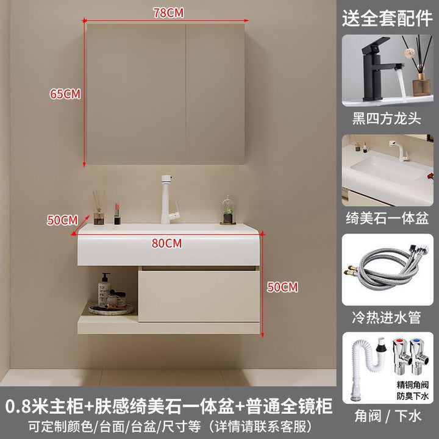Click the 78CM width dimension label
tap(168, 13)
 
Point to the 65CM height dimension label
tap(65, 94)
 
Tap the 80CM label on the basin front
tap(166, 243)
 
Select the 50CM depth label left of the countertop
tap(62, 220)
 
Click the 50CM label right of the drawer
tap(282, 287)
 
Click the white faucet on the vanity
tap(169, 199)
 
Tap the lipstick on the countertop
tap(117, 213)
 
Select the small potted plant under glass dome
tap(228, 210)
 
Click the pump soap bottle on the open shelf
tap(104, 290)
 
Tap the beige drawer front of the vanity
tap(199, 296)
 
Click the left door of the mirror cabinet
tap(136, 94)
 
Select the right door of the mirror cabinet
tap(215, 94)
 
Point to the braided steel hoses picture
tap(388, 269)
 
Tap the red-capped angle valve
tap(401, 357)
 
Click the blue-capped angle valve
tap(419, 357)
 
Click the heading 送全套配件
tap(387, 18)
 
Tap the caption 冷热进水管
tap(387, 318)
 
